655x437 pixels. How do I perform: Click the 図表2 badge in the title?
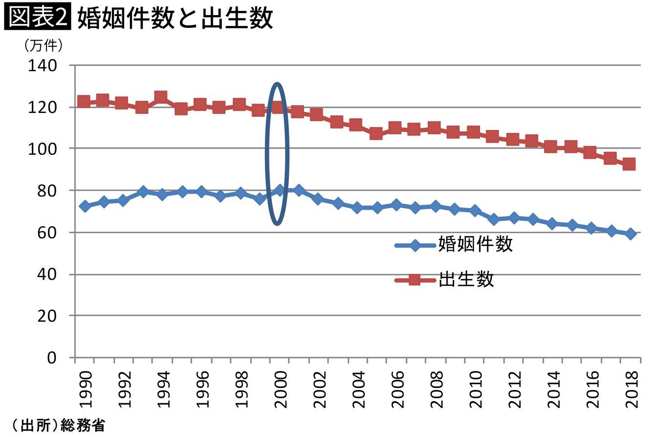click(38, 18)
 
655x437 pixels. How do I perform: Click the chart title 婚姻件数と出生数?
click(175, 19)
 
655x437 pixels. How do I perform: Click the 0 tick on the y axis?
click(52, 358)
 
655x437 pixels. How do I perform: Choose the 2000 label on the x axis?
click(280, 389)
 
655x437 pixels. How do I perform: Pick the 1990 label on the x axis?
click(85, 389)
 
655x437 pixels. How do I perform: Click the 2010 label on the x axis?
click(475, 389)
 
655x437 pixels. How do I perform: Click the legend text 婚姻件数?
click(475, 243)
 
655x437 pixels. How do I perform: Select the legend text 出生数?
click(466, 279)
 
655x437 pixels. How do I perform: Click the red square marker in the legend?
click(415, 280)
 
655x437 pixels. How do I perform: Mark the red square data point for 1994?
click(161, 97)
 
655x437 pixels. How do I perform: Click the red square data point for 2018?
click(629, 164)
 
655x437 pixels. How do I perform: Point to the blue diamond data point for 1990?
click(84, 206)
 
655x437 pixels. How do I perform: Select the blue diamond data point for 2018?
click(631, 234)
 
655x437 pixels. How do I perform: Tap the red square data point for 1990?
click(84, 102)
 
